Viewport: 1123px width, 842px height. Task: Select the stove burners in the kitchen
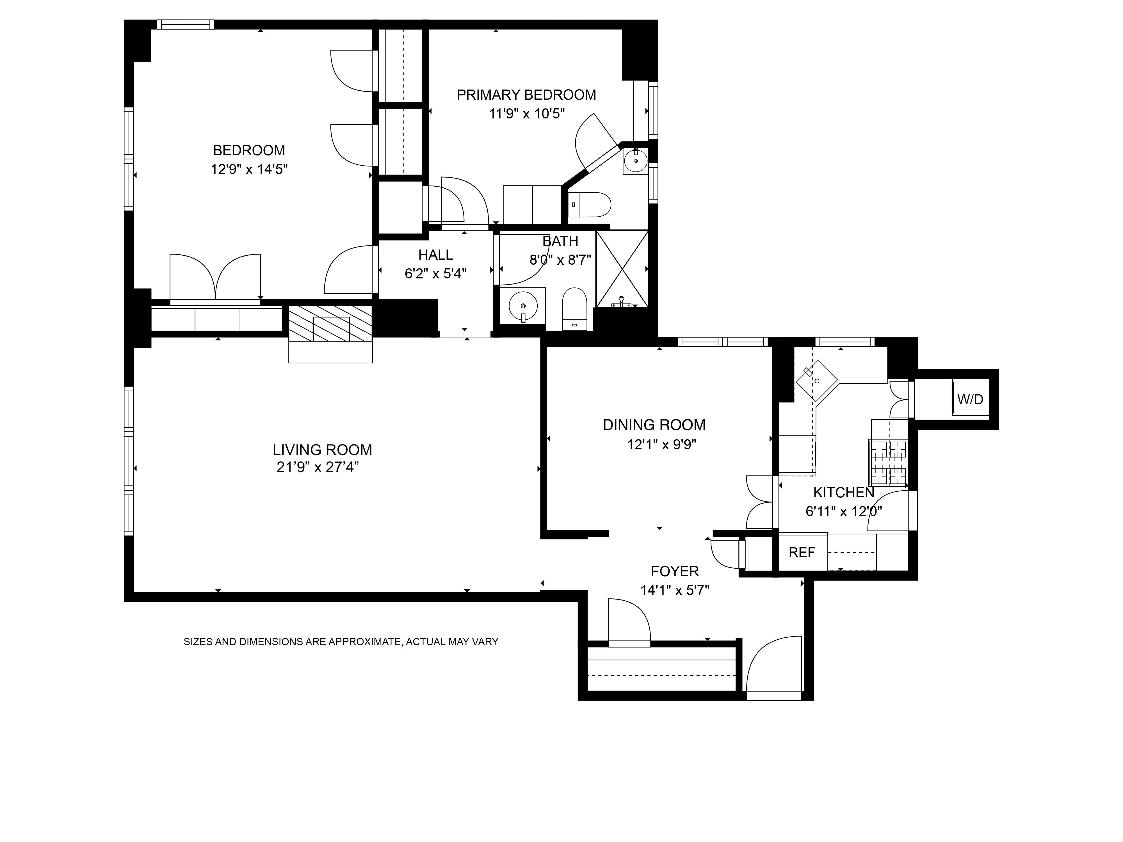coord(889,462)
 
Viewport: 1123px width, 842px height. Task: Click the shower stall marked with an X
coord(622,269)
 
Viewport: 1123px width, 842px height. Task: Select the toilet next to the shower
coord(575,310)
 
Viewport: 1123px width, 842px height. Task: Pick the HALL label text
coord(435,255)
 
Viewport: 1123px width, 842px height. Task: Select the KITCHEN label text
coord(843,492)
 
